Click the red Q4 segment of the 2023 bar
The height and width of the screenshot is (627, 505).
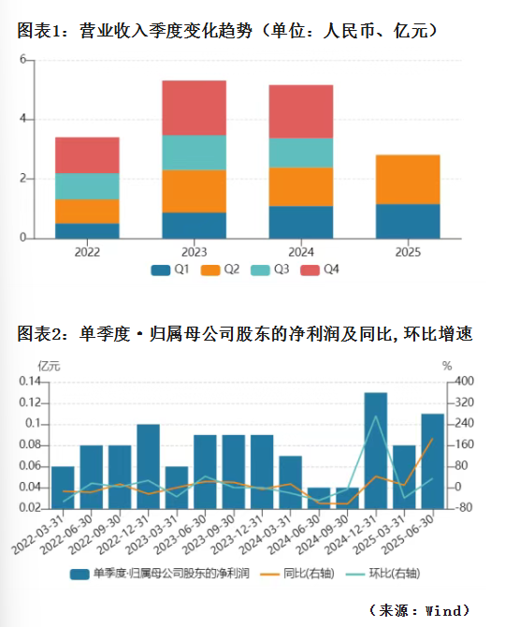coord(195,108)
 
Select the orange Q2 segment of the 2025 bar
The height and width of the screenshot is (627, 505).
coord(408,180)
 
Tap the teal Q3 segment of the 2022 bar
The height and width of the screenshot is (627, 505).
coord(87,186)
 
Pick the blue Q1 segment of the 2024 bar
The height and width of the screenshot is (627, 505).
coord(301,223)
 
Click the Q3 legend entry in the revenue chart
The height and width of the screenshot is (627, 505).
coord(269,270)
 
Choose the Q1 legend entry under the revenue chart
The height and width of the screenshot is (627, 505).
coord(170,270)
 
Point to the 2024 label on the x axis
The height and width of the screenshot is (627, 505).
coord(301,253)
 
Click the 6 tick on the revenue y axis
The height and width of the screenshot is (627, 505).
coord(22,60)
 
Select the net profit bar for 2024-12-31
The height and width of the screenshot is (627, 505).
coord(376,451)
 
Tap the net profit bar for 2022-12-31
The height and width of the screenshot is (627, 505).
coord(148,467)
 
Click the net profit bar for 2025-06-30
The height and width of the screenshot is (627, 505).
coord(433,461)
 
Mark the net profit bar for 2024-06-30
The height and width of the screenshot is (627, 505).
coord(319,498)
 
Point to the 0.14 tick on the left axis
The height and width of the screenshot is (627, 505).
coord(30,381)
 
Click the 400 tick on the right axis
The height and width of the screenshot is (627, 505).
coord(464,381)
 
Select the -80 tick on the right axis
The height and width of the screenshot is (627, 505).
coord(464,507)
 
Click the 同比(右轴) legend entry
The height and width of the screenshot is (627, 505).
coord(297,574)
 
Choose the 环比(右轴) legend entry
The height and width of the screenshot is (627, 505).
coord(382,574)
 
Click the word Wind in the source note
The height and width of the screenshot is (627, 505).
coord(443,610)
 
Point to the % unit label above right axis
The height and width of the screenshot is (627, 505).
coord(447,366)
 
